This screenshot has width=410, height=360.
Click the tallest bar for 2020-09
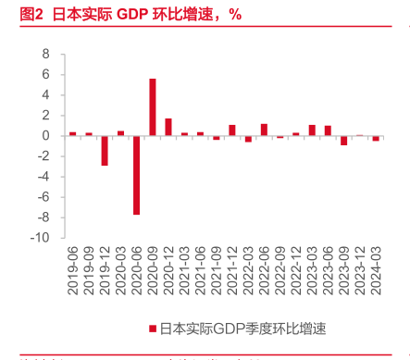[152, 107]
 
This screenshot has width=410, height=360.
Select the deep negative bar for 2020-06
[136, 175]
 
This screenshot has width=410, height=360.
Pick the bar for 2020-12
[168, 127]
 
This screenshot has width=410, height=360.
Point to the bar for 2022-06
[264, 130]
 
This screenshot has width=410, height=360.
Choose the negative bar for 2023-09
[344, 140]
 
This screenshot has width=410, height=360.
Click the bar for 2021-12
[232, 130]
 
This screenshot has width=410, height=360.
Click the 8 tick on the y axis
[43, 54]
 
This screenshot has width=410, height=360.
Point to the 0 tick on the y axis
[43, 135]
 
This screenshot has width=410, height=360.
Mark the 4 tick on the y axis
[43, 94]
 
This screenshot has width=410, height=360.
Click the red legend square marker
[152, 328]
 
